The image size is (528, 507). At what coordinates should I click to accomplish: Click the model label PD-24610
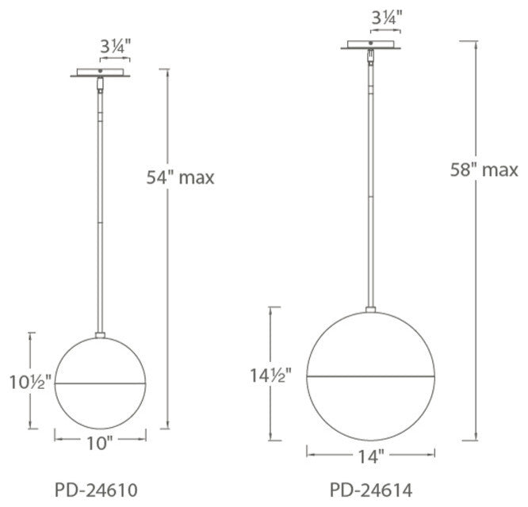click(x=96, y=490)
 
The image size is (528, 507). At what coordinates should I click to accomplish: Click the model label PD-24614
click(x=371, y=490)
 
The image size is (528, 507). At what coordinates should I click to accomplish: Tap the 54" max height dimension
click(x=180, y=177)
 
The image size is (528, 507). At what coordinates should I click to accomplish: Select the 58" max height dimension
click(x=484, y=170)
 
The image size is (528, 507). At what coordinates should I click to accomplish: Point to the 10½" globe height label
click(x=30, y=382)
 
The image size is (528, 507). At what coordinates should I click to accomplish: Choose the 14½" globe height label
click(x=270, y=375)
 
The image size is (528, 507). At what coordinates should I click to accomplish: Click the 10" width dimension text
click(x=99, y=444)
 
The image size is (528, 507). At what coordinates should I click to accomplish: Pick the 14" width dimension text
click(x=370, y=457)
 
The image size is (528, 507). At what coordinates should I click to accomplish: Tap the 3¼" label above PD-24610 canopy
click(x=115, y=47)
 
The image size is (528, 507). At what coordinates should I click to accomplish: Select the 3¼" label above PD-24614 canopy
click(x=387, y=18)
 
